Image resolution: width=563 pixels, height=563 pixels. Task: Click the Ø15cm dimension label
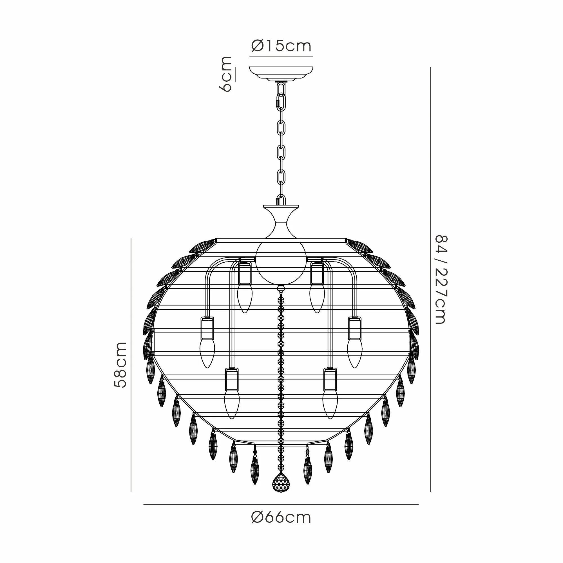click(x=281, y=46)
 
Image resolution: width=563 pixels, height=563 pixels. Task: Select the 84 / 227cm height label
click(x=440, y=280)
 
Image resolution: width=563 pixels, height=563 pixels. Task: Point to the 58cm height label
click(x=120, y=365)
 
